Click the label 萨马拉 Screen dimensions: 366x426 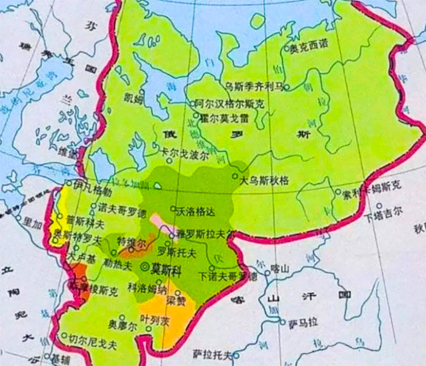click(x=302, y=322)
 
